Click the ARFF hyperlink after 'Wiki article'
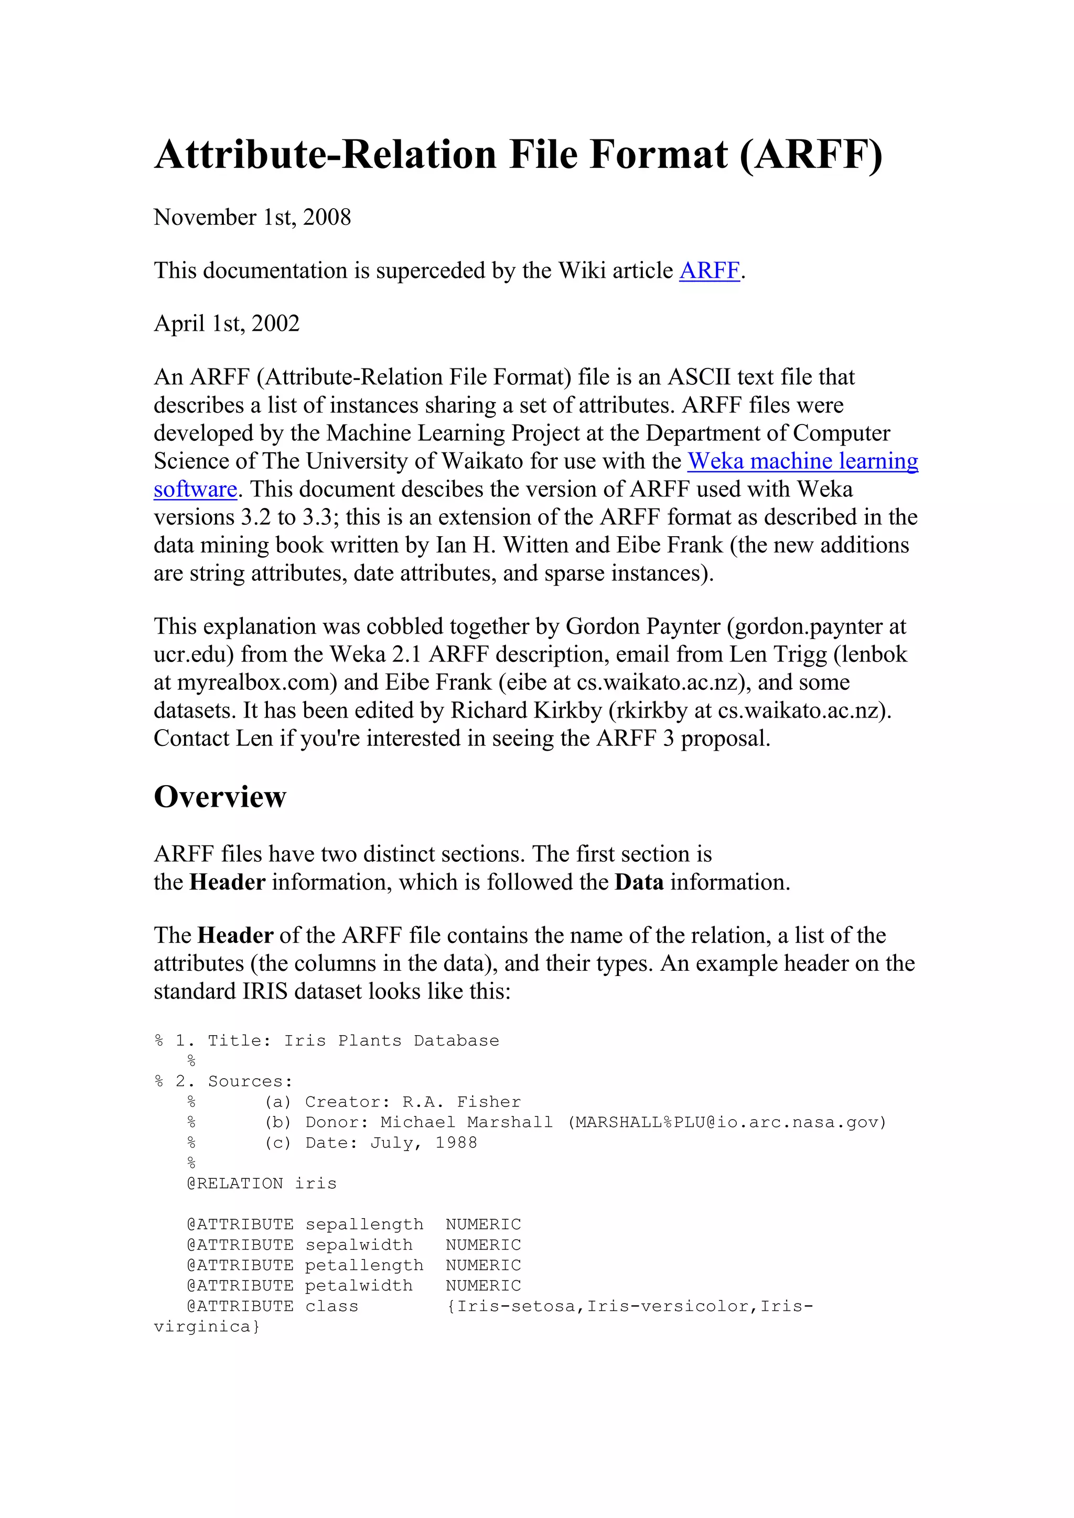(709, 270)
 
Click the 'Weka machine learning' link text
(803, 461)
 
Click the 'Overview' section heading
(220, 797)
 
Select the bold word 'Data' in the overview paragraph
(639, 883)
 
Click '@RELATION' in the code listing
(235, 1184)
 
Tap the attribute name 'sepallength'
(364, 1224)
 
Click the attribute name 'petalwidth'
(359, 1285)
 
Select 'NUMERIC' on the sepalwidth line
(483, 1245)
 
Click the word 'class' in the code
(331, 1306)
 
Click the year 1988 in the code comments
(456, 1143)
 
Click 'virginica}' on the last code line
(207, 1326)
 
